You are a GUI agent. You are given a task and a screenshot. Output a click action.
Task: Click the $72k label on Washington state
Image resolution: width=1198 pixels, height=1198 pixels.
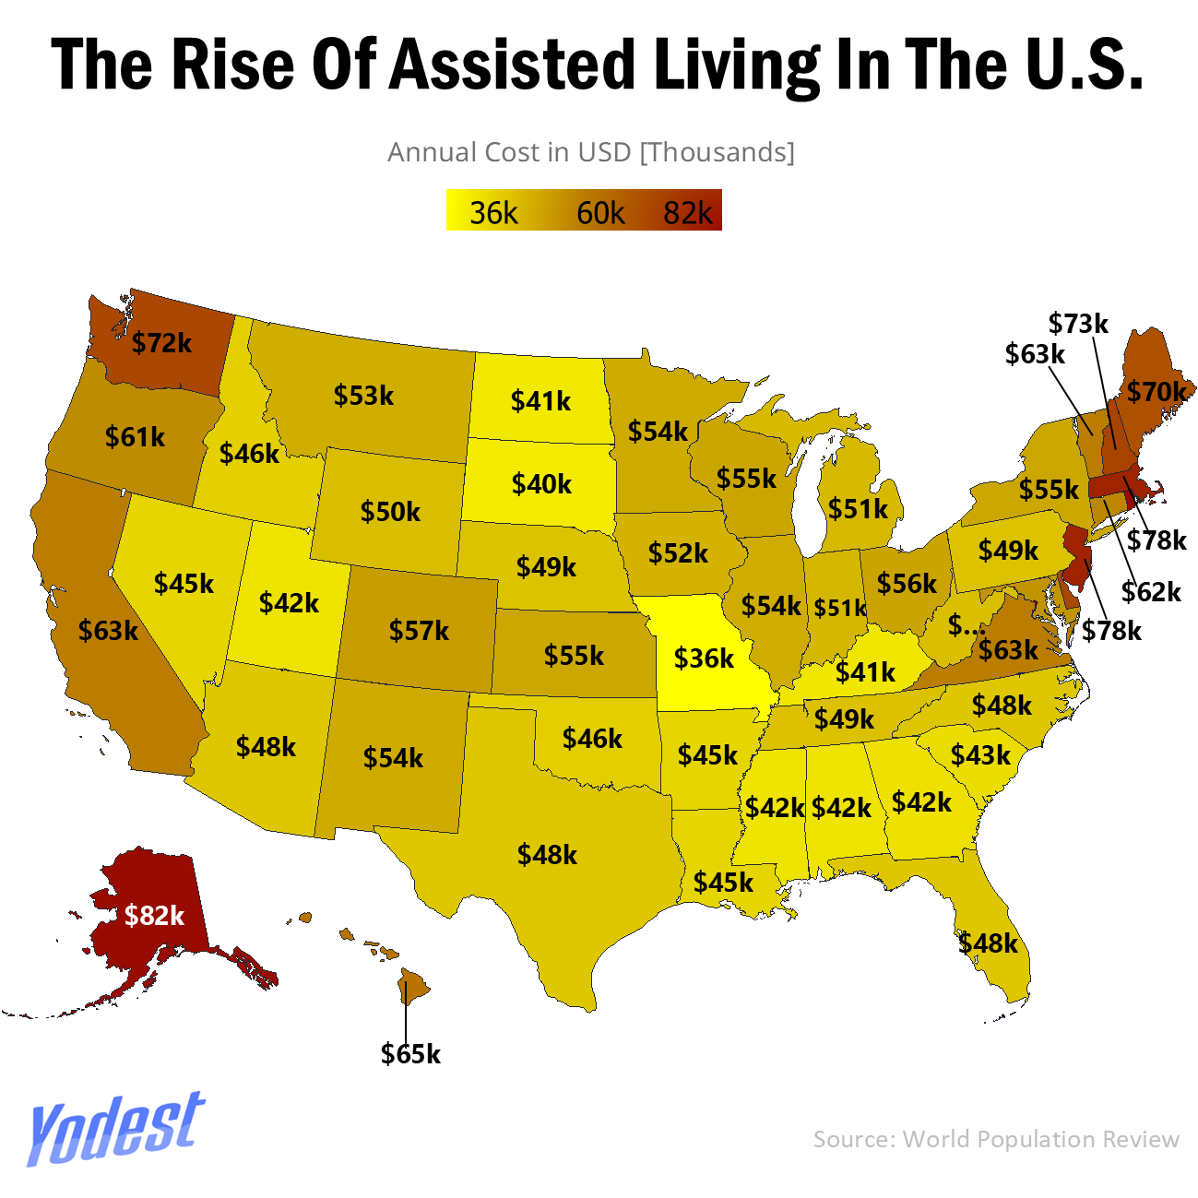click(161, 343)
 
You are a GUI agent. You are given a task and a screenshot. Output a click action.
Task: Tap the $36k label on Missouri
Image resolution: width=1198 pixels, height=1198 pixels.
click(704, 658)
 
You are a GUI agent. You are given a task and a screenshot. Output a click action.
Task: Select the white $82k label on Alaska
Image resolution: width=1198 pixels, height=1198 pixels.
click(154, 915)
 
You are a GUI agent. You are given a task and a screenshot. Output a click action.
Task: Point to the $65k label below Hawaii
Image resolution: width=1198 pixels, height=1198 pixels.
click(410, 1053)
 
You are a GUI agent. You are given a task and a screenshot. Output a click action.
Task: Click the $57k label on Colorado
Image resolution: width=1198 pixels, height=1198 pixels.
click(419, 631)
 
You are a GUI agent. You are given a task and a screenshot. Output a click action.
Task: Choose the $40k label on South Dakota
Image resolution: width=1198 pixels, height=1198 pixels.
click(541, 483)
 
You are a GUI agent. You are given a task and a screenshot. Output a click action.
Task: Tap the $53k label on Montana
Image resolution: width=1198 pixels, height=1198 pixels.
click(363, 396)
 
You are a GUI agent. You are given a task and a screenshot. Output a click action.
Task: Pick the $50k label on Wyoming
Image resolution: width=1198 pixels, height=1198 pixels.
click(390, 511)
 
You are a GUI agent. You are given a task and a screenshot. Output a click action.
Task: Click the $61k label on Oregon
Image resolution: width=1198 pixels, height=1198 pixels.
click(135, 436)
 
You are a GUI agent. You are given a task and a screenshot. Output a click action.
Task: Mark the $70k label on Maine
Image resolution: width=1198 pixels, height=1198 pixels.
click(1156, 392)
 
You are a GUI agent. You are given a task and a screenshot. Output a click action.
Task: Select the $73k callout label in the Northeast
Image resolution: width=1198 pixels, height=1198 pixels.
click(1078, 324)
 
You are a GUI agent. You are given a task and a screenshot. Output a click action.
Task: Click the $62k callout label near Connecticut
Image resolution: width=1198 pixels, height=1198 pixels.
click(1151, 591)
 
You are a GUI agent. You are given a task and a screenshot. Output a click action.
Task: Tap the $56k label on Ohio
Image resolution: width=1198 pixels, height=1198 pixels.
click(907, 583)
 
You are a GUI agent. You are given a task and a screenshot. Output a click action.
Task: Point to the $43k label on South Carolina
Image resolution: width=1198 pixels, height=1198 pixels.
click(980, 755)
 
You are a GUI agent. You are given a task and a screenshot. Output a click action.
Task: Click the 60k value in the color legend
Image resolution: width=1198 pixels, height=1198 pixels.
click(600, 213)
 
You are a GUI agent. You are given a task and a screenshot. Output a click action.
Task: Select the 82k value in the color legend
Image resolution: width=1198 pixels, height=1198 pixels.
click(688, 213)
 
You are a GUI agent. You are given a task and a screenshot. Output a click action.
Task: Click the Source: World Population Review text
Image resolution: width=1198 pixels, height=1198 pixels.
click(996, 1139)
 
